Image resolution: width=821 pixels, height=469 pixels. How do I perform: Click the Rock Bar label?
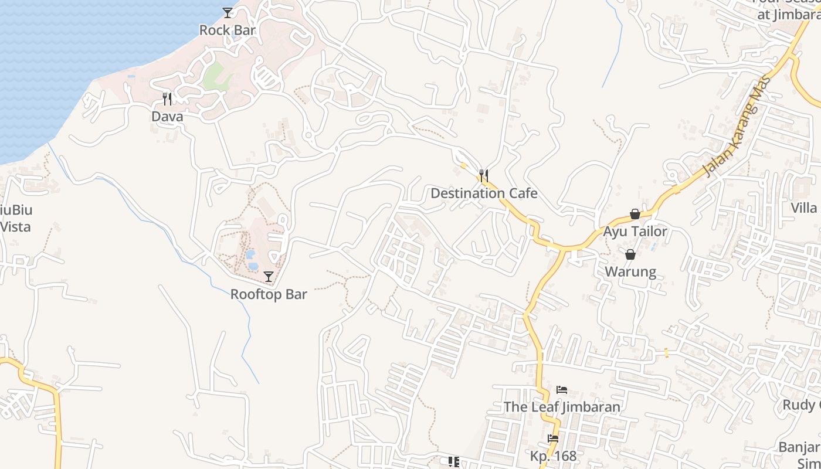(228, 30)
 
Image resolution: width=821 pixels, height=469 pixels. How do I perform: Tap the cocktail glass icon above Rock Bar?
(228, 12)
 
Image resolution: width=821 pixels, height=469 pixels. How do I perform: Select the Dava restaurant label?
(167, 117)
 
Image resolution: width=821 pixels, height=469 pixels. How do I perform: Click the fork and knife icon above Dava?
(167, 98)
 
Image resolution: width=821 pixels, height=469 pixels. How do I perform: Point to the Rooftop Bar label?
(269, 294)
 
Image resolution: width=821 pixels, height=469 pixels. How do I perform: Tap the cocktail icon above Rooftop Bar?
(269, 276)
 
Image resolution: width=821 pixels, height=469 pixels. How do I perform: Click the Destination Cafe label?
(484, 193)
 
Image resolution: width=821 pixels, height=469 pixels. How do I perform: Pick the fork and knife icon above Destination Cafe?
(484, 175)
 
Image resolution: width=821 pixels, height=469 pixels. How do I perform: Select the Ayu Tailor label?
(635, 232)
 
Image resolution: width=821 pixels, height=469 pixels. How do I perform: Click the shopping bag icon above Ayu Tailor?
(635, 214)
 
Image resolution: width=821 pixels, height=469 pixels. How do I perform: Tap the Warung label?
(630, 272)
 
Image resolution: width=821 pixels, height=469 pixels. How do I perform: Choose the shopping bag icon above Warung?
(630, 254)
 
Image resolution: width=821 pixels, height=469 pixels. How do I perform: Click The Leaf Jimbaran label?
(562, 407)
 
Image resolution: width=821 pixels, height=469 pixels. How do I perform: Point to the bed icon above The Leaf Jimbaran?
(562, 390)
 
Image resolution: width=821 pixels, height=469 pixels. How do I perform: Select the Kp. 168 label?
(553, 456)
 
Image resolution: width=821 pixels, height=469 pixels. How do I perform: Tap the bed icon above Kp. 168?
(553, 439)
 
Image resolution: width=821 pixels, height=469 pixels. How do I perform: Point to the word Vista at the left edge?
(15, 227)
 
